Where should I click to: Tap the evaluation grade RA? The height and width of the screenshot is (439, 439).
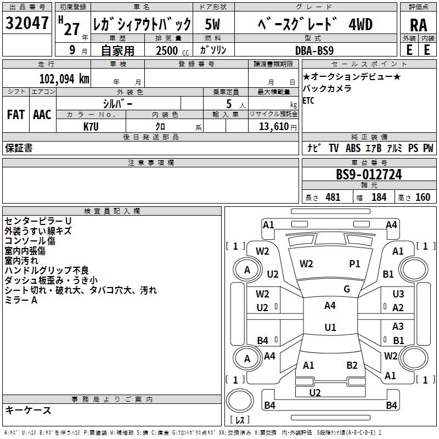coord(418,25)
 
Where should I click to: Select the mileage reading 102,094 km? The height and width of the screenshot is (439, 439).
coord(64,78)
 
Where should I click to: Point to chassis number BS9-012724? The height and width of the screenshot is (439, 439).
coord(369,175)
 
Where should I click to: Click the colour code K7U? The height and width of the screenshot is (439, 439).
coord(91,127)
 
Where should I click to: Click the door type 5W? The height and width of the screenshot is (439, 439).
coord(213,24)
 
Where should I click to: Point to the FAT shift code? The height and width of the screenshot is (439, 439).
coord(15,115)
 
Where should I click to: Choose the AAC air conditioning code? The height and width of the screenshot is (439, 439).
coord(42,115)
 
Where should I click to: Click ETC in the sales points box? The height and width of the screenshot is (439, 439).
coord(308,101)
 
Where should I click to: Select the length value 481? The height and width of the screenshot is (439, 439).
coord(333,197)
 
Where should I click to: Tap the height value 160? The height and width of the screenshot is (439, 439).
coord(423,197)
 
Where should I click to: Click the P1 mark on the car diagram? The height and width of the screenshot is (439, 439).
coord(354,264)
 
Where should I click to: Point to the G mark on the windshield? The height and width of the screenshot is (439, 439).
coord(347,289)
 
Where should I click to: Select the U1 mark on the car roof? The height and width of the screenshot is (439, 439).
coord(330,328)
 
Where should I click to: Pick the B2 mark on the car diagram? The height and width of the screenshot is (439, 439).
coord(352,365)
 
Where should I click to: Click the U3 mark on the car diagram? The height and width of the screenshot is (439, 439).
coord(398,295)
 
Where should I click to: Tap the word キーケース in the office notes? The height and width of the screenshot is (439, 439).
coord(28,410)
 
